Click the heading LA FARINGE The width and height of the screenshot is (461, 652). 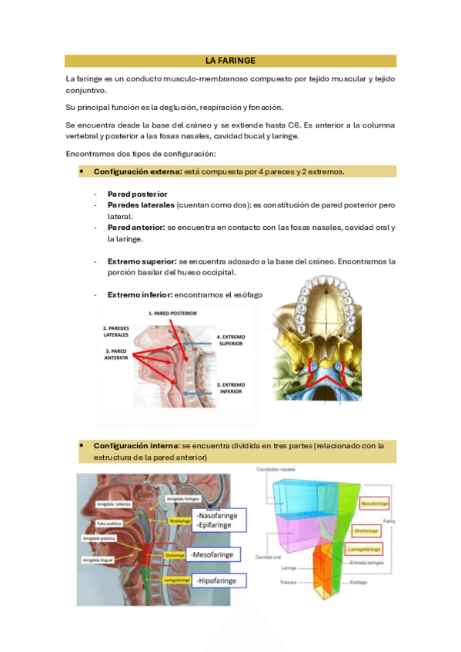pos(230,61)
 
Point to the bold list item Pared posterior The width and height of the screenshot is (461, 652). pos(137,195)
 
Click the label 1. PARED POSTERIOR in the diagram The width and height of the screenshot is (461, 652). pos(173,314)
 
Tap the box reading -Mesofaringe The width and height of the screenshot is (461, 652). pos(217,554)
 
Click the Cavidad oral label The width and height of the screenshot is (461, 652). pos(269,557)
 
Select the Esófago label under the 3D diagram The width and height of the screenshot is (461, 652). pos(359,583)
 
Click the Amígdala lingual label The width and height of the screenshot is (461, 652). pos(99,560)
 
